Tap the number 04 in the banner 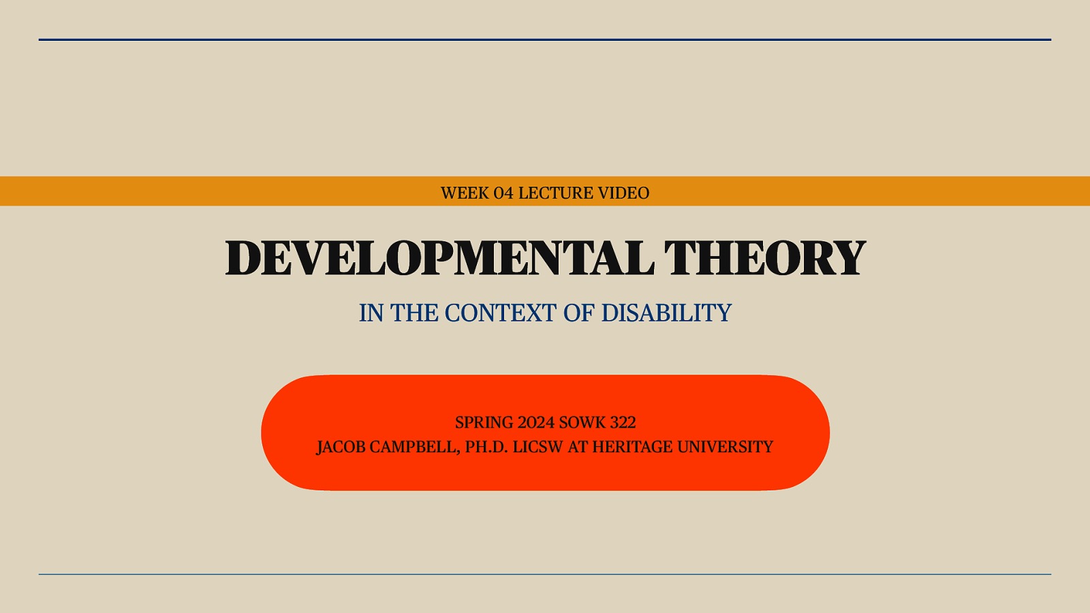click(503, 193)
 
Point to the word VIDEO click(623, 193)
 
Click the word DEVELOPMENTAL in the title click(439, 258)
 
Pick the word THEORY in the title click(764, 258)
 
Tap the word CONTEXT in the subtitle click(500, 313)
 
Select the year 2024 click(536, 422)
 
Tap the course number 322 click(623, 422)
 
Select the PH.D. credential click(486, 447)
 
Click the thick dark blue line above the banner click(545, 40)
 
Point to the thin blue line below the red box click(545, 574)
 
